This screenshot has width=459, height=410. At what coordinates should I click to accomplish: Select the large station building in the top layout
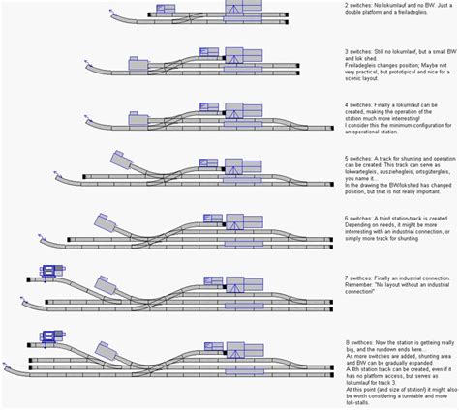[x=242, y=9]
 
